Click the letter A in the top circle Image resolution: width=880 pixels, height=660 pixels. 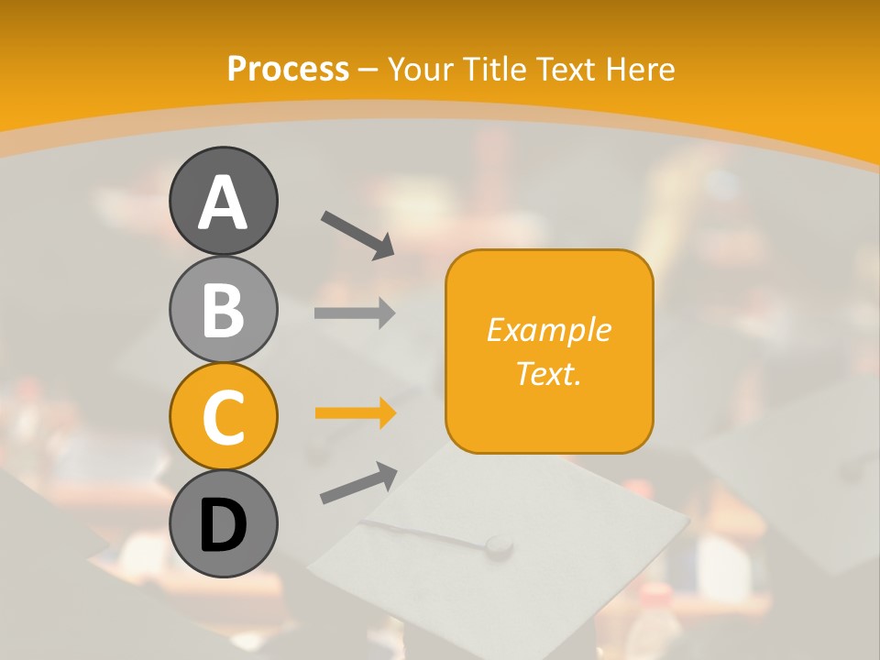click(x=223, y=202)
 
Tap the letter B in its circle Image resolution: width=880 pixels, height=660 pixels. click(x=223, y=310)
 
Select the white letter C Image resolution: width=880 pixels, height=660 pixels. click(x=223, y=417)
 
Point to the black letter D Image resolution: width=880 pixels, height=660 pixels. click(x=223, y=524)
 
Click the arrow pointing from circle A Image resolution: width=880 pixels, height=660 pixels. click(x=357, y=233)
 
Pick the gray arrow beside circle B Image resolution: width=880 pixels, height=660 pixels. click(x=355, y=313)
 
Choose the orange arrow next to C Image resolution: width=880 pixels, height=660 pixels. click(x=355, y=413)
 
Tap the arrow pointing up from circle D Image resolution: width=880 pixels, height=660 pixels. click(x=358, y=482)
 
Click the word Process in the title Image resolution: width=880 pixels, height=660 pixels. click(x=288, y=69)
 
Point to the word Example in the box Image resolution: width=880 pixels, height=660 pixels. click(x=548, y=330)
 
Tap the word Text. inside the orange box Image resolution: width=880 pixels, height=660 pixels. click(x=548, y=373)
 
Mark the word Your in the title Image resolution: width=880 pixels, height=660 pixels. click(x=422, y=69)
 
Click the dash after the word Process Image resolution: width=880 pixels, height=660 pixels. click(x=368, y=70)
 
